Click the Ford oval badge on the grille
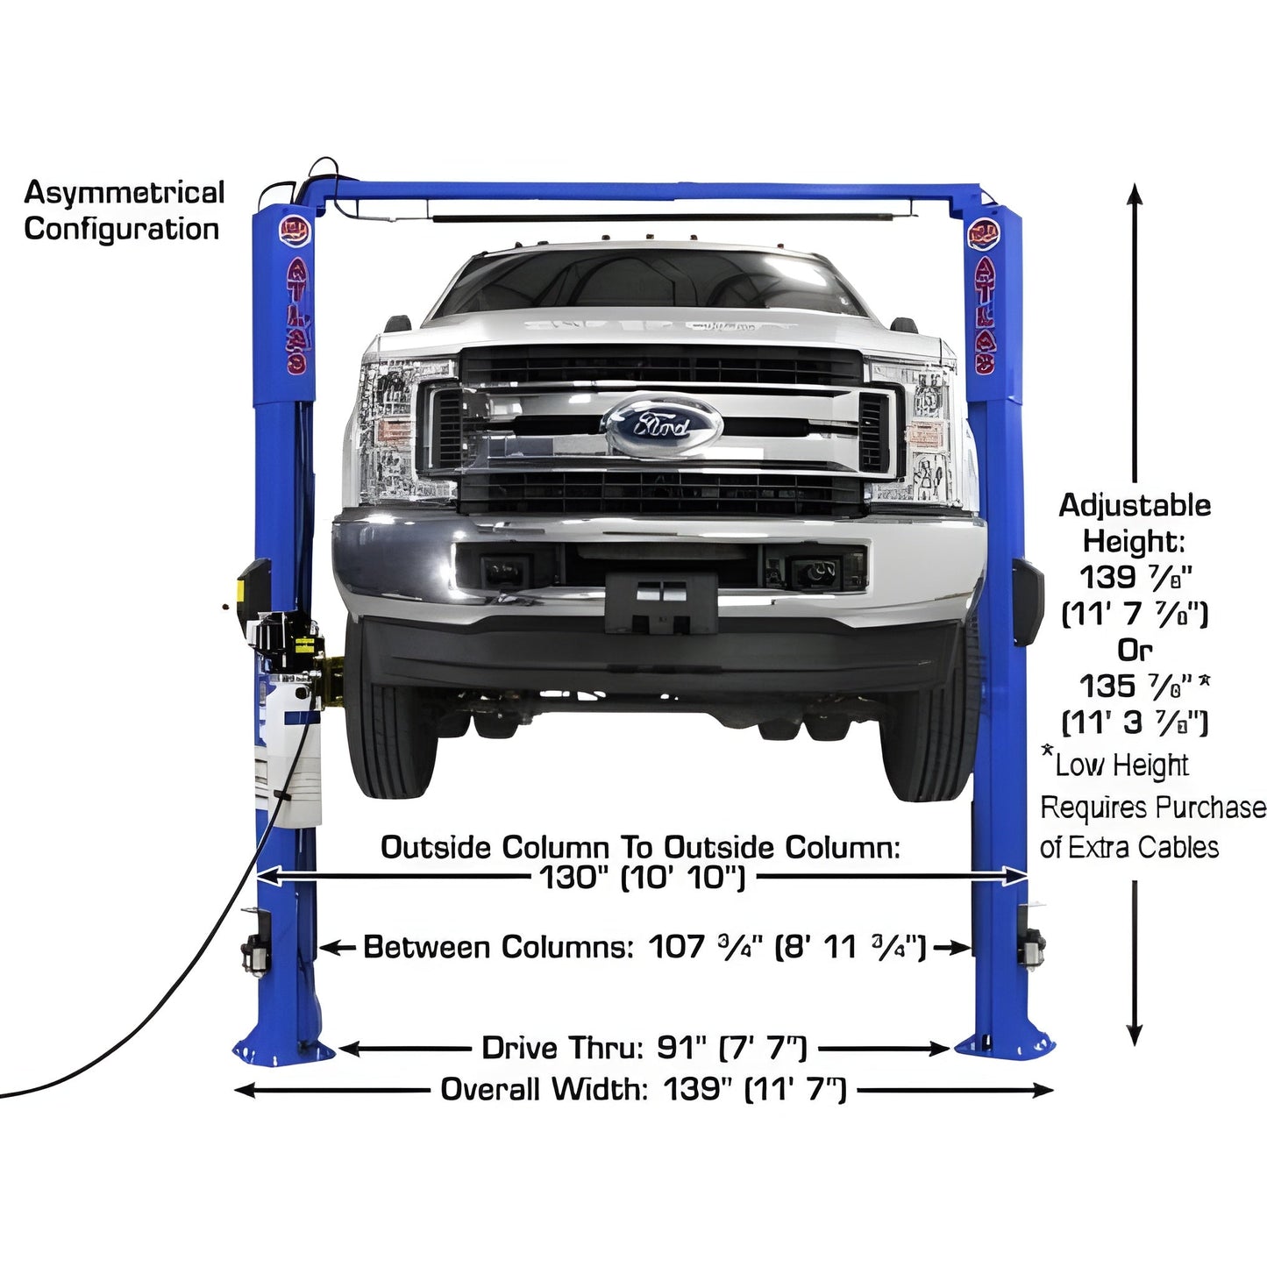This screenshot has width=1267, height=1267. (664, 424)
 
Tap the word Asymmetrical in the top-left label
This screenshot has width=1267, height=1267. (124, 192)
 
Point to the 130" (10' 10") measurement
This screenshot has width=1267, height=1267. (642, 877)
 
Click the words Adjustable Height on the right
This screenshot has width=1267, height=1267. (1135, 523)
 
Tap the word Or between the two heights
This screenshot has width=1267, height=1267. (1135, 650)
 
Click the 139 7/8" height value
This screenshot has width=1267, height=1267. (1135, 577)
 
